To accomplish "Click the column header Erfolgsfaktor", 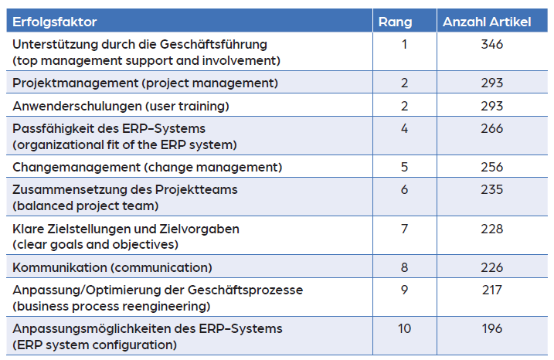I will [55, 22].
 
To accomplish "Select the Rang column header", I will [395, 22].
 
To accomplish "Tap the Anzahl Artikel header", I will [487, 22].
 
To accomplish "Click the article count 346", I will [491, 45].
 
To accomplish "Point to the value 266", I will [491, 129].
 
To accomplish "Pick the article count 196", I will [491, 328].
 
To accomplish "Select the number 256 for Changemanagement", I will [491, 167].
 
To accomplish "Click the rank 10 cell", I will [405, 328].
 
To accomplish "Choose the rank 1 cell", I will [405, 45].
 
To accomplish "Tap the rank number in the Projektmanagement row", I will [405, 83].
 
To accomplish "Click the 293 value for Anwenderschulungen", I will [491, 106].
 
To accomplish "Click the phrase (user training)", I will [190, 106].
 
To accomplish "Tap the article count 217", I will [491, 290].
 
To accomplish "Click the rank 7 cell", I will [405, 229].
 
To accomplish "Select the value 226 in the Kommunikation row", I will [491, 267].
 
